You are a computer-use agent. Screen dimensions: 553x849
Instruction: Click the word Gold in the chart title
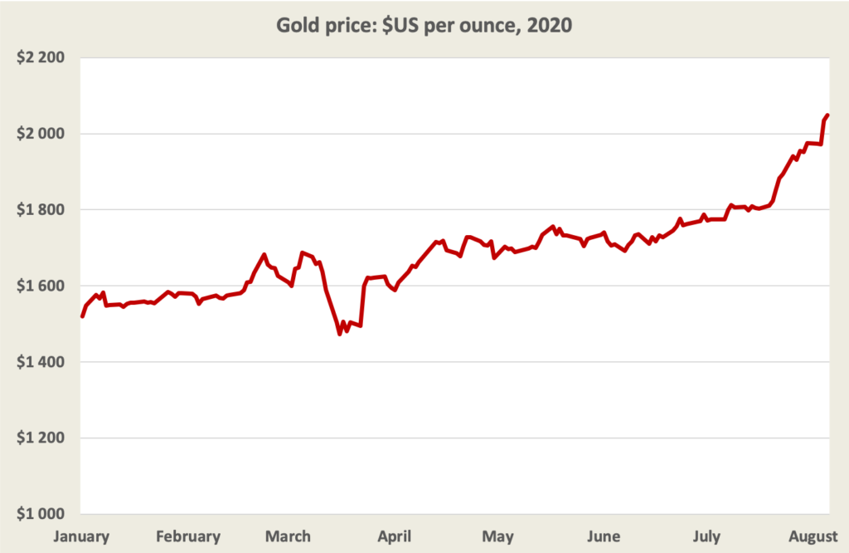point(298,26)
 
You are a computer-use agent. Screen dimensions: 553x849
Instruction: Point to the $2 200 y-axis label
point(41,58)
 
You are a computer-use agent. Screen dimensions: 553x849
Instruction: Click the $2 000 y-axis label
point(41,134)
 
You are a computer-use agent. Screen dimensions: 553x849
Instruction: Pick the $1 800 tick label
point(41,210)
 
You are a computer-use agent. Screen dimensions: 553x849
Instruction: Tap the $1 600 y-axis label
point(41,286)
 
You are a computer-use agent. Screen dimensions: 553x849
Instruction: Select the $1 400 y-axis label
point(41,362)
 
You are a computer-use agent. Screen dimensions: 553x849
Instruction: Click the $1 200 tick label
point(41,438)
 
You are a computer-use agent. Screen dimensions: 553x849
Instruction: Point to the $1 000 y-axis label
point(41,514)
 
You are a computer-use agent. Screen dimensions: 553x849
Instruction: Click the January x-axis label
point(81,536)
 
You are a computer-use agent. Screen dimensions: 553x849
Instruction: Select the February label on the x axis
point(188,536)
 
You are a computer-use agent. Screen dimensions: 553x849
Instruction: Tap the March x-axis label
point(289,536)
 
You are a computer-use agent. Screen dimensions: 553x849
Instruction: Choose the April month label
point(395,536)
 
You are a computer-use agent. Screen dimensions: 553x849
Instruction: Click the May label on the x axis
point(498,536)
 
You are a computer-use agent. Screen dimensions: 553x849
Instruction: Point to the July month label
point(706,536)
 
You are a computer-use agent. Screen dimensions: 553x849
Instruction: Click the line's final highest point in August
point(827,115)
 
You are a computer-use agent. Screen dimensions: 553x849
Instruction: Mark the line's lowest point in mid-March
point(340,333)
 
